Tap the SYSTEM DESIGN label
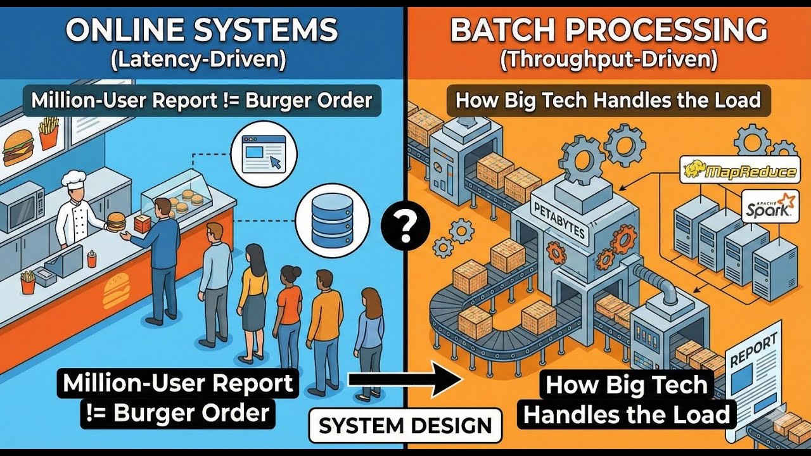(x=405, y=425)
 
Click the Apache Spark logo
(x=769, y=206)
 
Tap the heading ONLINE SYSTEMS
(x=201, y=30)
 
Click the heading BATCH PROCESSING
(x=608, y=30)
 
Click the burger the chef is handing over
(x=117, y=220)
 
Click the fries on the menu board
(x=49, y=132)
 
